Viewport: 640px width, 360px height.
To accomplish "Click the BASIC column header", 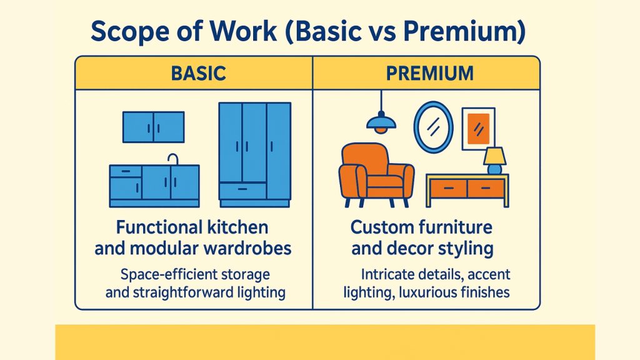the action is (x=198, y=74).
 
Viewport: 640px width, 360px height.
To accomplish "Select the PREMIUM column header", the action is (x=430, y=74).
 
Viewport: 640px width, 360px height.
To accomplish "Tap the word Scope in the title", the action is (x=130, y=32).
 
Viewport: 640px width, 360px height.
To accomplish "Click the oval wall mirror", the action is (x=434, y=127).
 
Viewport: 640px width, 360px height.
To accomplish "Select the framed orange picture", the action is (x=478, y=129).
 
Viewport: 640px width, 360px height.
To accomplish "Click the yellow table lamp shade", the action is (x=495, y=156).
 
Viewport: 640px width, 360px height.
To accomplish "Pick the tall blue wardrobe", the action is (x=255, y=155).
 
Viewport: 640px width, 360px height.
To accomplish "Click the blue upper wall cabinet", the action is (x=154, y=127).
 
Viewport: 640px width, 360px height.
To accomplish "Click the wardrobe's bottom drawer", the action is (x=242, y=191).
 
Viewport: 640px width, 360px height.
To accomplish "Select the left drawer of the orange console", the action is (x=449, y=188).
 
